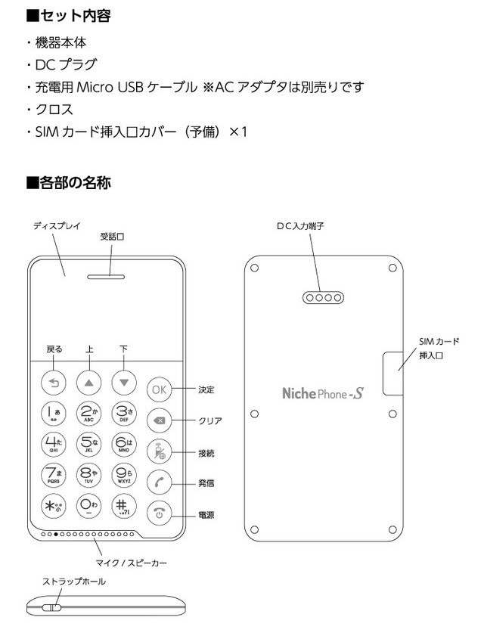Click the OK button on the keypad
click(159, 389)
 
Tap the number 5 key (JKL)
click(89, 444)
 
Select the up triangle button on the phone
click(89, 383)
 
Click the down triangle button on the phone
click(124, 383)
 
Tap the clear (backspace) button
click(159, 420)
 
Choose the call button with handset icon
click(159, 482)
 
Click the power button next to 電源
click(159, 511)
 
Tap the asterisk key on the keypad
click(54, 506)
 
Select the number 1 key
click(54, 413)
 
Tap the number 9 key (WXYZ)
click(124, 475)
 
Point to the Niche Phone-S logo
click(323, 393)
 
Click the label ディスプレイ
click(57, 226)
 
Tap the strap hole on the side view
click(52, 606)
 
